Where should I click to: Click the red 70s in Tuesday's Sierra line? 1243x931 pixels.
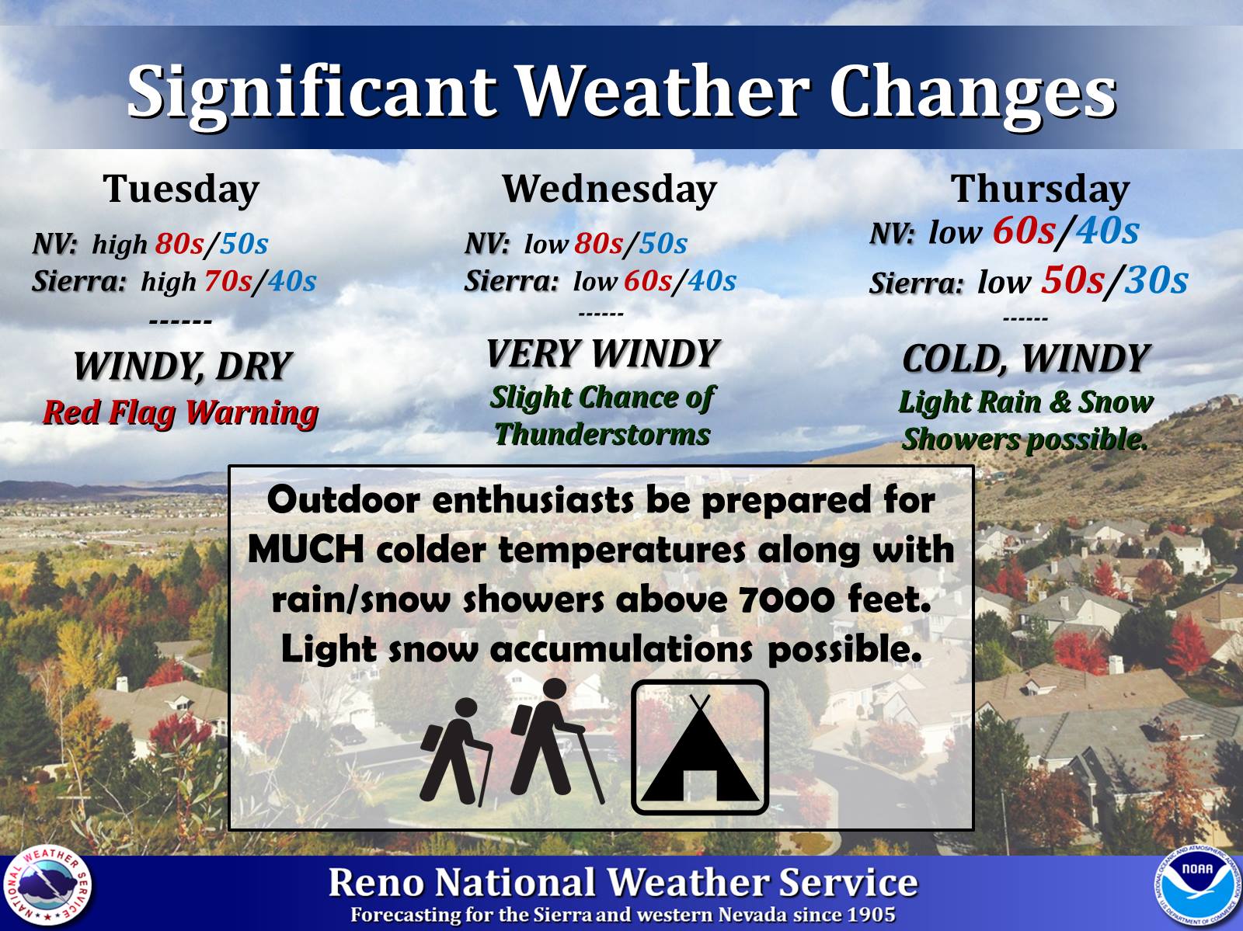[x=228, y=281]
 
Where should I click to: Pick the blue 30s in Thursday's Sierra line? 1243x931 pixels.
[x=1156, y=280]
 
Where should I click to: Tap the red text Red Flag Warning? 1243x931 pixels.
[x=181, y=413]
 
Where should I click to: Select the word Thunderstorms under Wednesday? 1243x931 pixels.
[x=603, y=436]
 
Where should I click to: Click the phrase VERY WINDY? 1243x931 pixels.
[x=603, y=354]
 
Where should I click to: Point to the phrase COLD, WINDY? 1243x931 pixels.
[x=1025, y=359]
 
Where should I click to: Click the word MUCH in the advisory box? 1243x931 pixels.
[x=306, y=550]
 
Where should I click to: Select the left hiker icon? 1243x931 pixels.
[x=457, y=752]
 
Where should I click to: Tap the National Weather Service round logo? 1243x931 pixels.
[x=47, y=888]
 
